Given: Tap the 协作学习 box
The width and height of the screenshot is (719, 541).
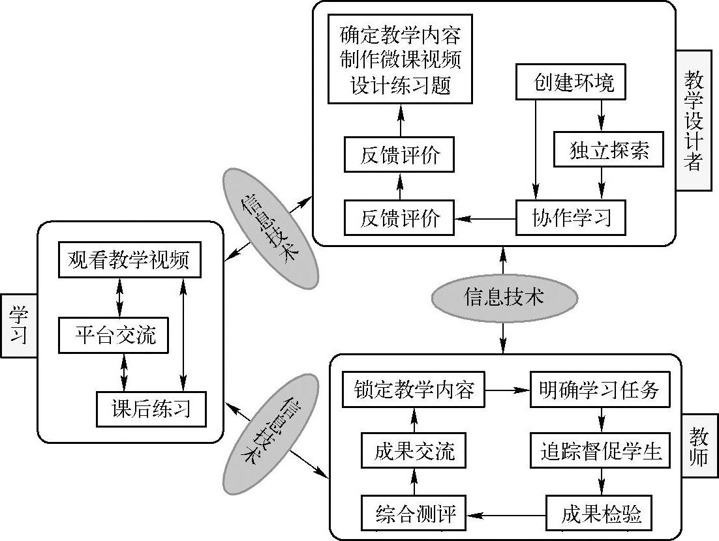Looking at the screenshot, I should tap(571, 217).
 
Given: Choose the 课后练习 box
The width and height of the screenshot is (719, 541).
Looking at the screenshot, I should tap(151, 409).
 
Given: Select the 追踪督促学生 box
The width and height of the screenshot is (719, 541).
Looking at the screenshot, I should tap(600, 451).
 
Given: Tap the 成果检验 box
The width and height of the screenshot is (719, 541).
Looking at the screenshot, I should tap(600, 514).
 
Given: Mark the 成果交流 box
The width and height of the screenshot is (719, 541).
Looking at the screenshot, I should tap(414, 451).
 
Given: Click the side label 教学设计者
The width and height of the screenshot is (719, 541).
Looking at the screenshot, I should tap(693, 121).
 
